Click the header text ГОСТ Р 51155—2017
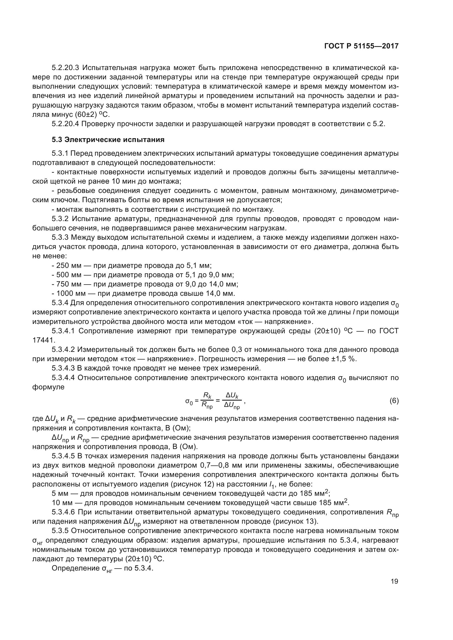pos(361,46)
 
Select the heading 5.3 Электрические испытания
pos(108,140)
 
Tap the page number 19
pos(394,581)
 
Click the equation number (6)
pos(394,401)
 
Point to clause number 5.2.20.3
pos(65,68)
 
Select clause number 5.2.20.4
pos(65,124)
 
